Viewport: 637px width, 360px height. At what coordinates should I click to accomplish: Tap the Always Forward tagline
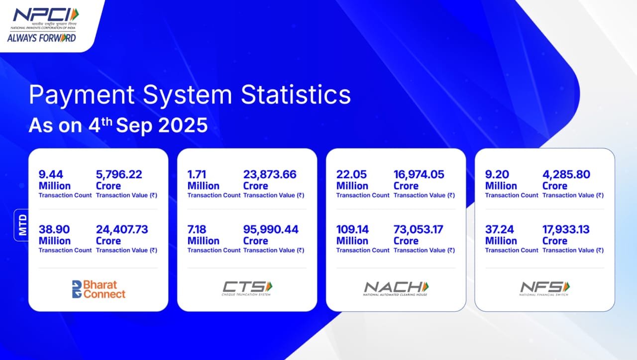pos(41,38)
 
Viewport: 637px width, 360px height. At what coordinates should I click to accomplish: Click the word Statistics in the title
pos(296,95)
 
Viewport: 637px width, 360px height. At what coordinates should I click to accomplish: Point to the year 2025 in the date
pos(183,125)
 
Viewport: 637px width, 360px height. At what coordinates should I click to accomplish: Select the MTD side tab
pos(22,225)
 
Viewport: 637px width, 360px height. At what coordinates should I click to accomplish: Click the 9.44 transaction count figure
pos(51,174)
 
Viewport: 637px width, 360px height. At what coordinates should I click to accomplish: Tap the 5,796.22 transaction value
pos(119,174)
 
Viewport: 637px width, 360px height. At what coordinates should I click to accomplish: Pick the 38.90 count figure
pos(54,230)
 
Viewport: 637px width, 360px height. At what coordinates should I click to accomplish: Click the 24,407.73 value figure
pos(122,230)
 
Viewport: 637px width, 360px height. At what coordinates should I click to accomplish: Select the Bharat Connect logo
pos(99,289)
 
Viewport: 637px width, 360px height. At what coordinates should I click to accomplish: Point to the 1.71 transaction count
pos(197,174)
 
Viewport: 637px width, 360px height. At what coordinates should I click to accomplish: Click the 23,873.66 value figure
pos(270,174)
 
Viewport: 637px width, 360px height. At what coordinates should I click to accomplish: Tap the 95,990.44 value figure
pos(271,230)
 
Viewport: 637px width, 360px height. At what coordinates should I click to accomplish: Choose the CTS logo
pos(247,288)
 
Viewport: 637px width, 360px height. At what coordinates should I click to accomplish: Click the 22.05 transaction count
pos(351,174)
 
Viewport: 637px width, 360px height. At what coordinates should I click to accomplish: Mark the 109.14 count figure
pos(352,230)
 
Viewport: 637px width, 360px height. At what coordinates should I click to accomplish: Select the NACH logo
pos(396,289)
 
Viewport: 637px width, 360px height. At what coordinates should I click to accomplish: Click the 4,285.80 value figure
pos(566,174)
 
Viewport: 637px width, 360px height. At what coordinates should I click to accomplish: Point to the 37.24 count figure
pos(500,230)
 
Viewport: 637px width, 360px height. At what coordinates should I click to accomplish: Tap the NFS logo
pos(544,289)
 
